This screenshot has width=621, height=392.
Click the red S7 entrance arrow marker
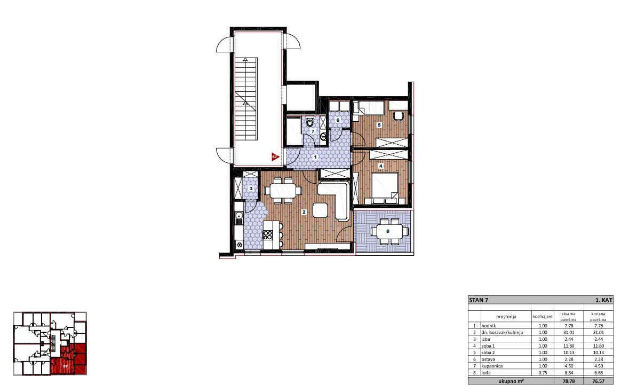(x=275, y=157)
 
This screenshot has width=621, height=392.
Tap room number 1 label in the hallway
(x=315, y=157)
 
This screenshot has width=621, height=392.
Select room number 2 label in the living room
(x=304, y=212)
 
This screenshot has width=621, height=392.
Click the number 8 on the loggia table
(x=388, y=231)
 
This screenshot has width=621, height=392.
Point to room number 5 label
(x=379, y=125)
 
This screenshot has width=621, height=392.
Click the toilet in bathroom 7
(x=310, y=122)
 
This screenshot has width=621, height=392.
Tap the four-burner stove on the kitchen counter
(x=268, y=235)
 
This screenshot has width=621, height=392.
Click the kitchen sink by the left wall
(x=239, y=216)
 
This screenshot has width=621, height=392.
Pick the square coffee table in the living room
(x=320, y=210)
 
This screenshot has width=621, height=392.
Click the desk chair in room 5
(x=398, y=115)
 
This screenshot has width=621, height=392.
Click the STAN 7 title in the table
(x=479, y=300)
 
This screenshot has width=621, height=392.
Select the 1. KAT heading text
(x=603, y=300)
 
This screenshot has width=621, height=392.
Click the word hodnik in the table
(x=489, y=326)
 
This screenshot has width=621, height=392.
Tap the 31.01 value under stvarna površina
(x=569, y=333)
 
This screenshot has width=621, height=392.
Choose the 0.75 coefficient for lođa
(x=543, y=373)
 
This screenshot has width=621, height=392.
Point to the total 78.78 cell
(x=569, y=381)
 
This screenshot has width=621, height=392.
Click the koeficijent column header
(x=543, y=317)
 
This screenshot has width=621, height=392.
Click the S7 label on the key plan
(x=65, y=366)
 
